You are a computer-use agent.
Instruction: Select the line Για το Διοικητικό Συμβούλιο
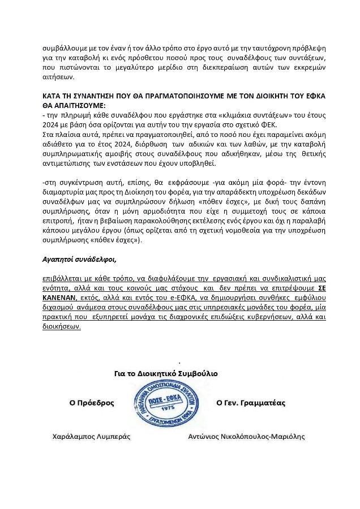166,374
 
